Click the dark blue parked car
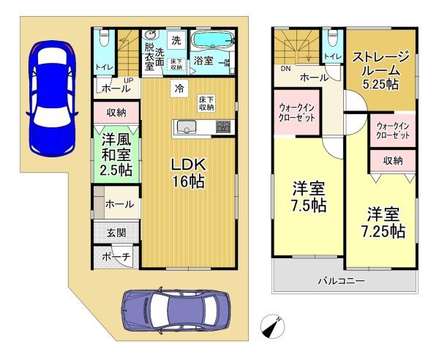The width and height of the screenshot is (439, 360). click(52, 98)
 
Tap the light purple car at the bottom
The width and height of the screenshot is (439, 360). click(176, 311)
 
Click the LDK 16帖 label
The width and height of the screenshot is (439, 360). click(189, 173)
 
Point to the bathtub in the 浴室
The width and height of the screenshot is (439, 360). click(214, 40)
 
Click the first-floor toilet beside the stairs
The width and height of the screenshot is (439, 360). click(104, 39)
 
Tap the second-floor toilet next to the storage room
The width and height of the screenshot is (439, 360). click(333, 38)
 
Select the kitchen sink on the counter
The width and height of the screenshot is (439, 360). click(185, 127)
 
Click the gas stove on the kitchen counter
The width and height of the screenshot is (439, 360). click(223, 127)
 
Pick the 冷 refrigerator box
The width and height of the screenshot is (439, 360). click(179, 89)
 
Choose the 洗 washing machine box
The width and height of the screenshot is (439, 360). click(176, 41)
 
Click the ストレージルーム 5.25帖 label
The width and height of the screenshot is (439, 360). click(380, 70)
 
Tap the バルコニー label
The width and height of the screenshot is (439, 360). click(341, 280)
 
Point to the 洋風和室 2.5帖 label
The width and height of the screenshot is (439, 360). click(117, 154)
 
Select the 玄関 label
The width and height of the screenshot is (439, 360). click(116, 233)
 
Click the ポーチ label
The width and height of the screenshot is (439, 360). click(116, 257)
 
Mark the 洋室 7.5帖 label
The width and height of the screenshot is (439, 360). click(309, 197)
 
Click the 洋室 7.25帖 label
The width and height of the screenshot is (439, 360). click(383, 223)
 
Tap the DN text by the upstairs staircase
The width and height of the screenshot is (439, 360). click(286, 69)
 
